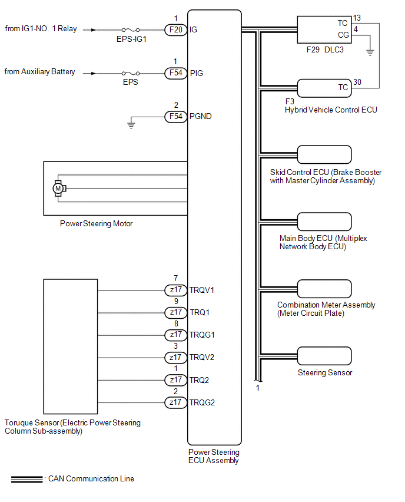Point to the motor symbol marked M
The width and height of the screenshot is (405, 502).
click(58, 188)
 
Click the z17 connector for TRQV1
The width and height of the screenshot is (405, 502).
click(175, 290)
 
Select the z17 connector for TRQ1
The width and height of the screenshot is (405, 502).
click(175, 312)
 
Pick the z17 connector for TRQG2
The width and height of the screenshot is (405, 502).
click(175, 402)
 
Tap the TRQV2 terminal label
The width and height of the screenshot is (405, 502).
click(203, 358)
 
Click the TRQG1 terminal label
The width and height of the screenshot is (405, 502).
click(203, 335)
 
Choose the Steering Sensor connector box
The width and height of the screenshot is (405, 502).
click(324, 356)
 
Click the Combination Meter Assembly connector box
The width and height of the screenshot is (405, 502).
click(324, 289)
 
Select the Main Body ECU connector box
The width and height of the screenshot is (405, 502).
click(324, 222)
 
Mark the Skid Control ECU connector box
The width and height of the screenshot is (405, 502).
click(324, 154)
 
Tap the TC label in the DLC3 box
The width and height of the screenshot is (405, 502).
click(343, 24)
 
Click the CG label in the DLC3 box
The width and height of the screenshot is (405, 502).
click(343, 35)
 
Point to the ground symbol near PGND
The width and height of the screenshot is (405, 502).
click(132, 124)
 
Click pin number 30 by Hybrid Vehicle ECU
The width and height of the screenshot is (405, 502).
click(357, 82)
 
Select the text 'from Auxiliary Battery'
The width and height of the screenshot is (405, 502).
click(40, 72)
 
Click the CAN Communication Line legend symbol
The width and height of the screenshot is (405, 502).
click(27, 479)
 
